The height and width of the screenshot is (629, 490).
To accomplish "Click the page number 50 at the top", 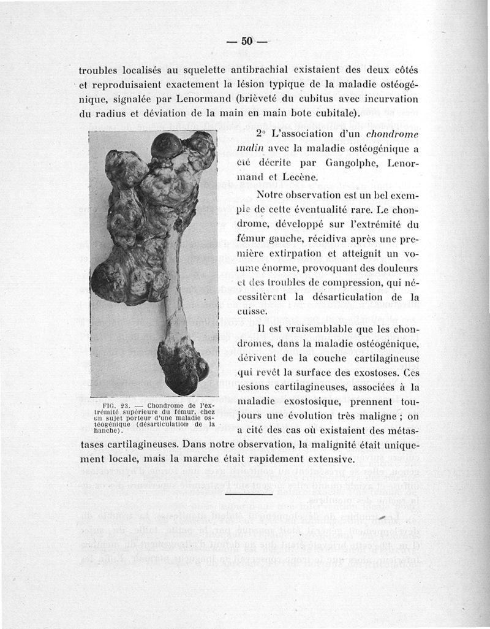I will click(x=247, y=41).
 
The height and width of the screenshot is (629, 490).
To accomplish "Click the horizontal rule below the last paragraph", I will click(x=244, y=494).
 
